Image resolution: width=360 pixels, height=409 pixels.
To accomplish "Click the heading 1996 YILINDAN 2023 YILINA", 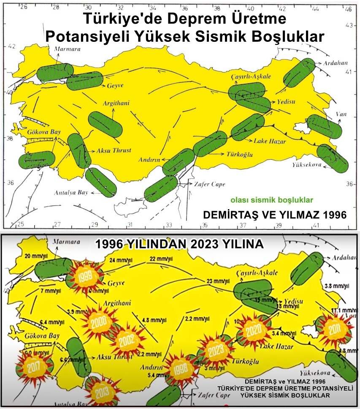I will (x=179, y=244).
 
